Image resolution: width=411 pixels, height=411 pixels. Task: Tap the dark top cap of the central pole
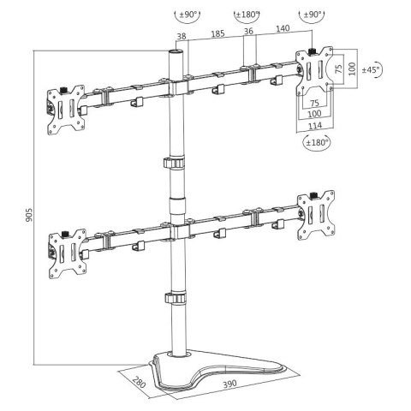[175, 53]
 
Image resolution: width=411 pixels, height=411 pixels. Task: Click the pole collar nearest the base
[176, 298]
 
